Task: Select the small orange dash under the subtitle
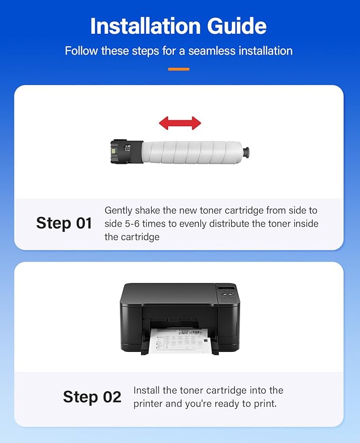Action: pyautogui.click(x=179, y=69)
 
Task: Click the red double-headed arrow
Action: pyautogui.click(x=180, y=123)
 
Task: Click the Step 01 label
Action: pyautogui.click(x=64, y=223)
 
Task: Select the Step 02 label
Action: pyautogui.click(x=92, y=397)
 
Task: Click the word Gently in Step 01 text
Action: pyautogui.click(x=119, y=210)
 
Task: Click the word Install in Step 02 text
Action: pyautogui.click(x=147, y=391)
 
